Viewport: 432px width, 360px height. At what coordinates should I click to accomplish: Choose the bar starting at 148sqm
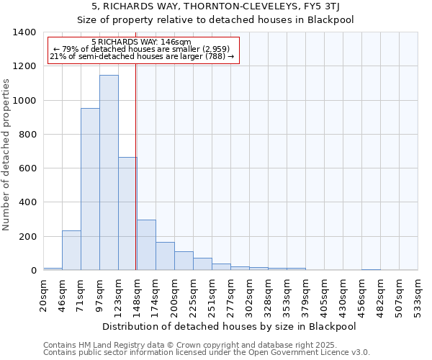tap(146, 246)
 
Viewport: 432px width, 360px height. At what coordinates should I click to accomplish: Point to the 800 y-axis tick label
tap(28, 135)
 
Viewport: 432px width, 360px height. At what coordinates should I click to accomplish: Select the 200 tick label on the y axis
tap(28, 237)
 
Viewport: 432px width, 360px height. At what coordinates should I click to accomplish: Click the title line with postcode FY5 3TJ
tap(216, 6)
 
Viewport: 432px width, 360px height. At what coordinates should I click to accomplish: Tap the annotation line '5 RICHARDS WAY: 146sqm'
tap(142, 42)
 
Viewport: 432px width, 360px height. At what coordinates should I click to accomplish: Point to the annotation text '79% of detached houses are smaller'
tap(142, 50)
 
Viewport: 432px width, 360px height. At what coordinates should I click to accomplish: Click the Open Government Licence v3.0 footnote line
tap(207, 353)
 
